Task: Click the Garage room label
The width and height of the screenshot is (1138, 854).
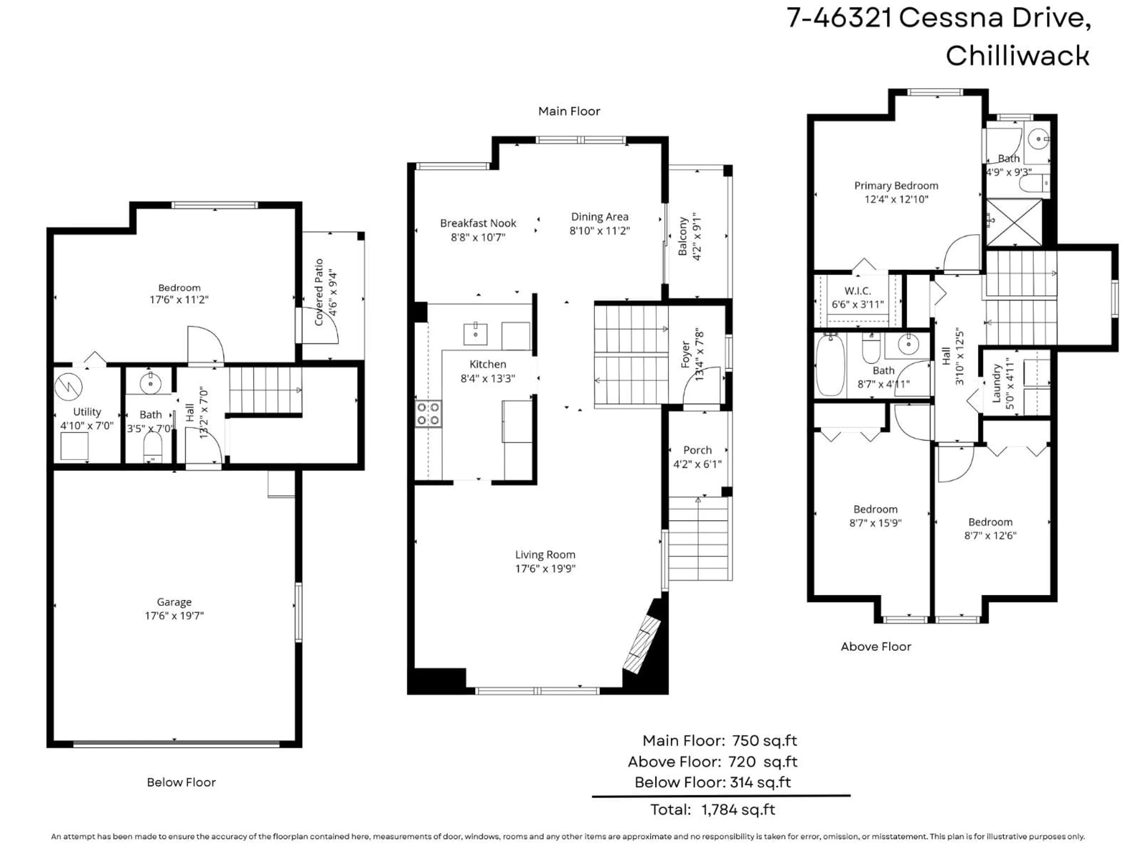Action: point(174,602)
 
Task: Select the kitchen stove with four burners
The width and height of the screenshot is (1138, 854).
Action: point(428,414)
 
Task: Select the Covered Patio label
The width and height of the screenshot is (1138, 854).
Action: point(319,292)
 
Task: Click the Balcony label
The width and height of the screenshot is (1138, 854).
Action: point(683,236)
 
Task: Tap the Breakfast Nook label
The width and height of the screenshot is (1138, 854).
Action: point(478,223)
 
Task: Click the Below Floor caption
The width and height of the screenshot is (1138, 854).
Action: point(181,783)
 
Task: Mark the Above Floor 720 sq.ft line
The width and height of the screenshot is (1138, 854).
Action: point(712,762)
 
